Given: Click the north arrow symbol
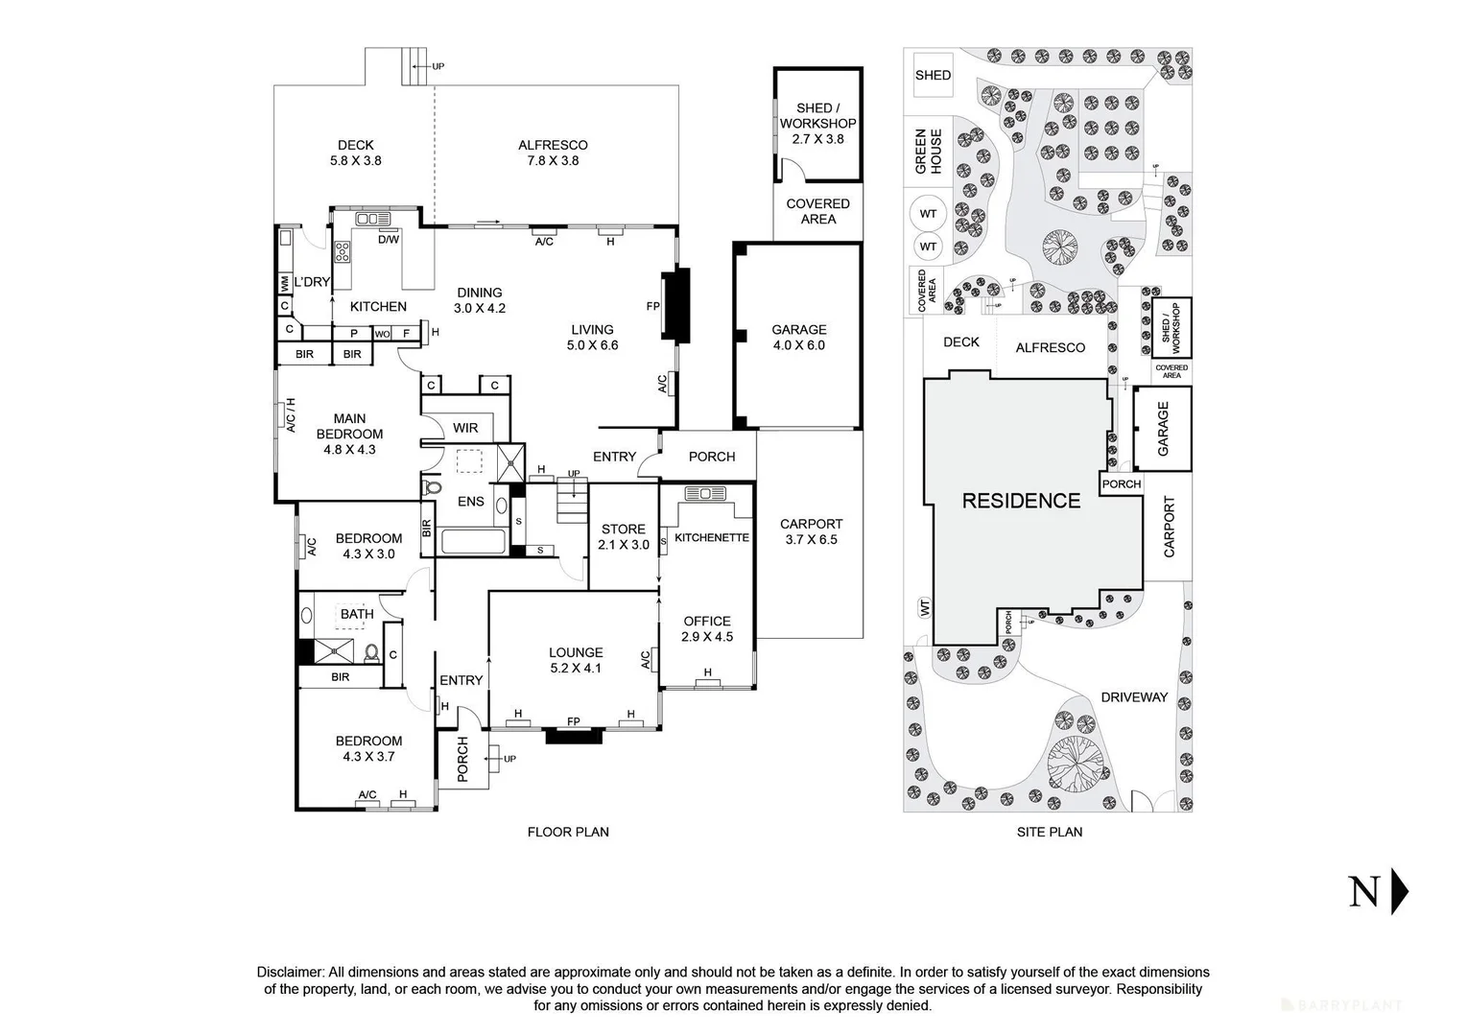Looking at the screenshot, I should coord(1400,892).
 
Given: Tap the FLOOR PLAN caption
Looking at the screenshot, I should coord(568,832).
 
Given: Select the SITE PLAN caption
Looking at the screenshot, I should coord(1050,832).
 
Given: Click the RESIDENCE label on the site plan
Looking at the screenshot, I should coord(1021,501).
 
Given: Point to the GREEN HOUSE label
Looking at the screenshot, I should coord(928,152).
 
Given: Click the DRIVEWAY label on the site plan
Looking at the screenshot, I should coord(1134,697).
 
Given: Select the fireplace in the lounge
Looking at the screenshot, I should coord(574,736).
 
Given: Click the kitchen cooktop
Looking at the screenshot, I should coord(342,252).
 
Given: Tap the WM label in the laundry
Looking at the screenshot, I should coord(285,284).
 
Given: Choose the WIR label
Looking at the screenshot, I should coord(465,428).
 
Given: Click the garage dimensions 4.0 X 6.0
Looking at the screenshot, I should coord(798,345).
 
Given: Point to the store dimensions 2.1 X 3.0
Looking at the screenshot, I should coord(624,545).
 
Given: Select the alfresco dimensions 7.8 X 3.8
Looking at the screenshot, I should coord(553,161).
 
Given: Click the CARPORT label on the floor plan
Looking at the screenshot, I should coord(811,524).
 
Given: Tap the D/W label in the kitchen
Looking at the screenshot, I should coord(388,240).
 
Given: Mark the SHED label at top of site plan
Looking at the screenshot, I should coord(933,75).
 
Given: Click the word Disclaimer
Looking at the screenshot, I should coord(291,972).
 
